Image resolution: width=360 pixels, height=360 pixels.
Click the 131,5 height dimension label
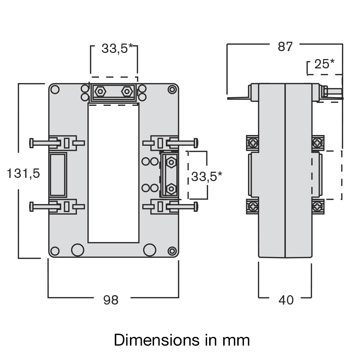(23, 174)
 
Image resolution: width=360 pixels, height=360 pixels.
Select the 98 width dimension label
(111, 300)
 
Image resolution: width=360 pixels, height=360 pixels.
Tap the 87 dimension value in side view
(285, 47)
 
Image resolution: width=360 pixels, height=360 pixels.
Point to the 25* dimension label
(324, 64)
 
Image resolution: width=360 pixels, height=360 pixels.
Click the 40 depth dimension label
(286, 300)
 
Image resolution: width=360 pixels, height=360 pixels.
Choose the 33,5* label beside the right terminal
(206, 176)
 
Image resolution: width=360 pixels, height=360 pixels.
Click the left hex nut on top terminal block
(99, 92)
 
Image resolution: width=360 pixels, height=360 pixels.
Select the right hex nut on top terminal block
(127, 92)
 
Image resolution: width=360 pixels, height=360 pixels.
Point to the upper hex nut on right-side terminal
(172, 162)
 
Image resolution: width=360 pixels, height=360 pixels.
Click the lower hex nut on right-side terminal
(172, 188)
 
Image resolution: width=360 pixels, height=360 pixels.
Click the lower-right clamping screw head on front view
(196, 207)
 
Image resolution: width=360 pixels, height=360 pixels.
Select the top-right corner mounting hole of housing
(172, 89)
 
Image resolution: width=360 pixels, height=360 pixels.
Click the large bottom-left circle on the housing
(77, 249)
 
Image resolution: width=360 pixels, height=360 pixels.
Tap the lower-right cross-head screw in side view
(318, 207)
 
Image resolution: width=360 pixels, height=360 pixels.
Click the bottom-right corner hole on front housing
(172, 251)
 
